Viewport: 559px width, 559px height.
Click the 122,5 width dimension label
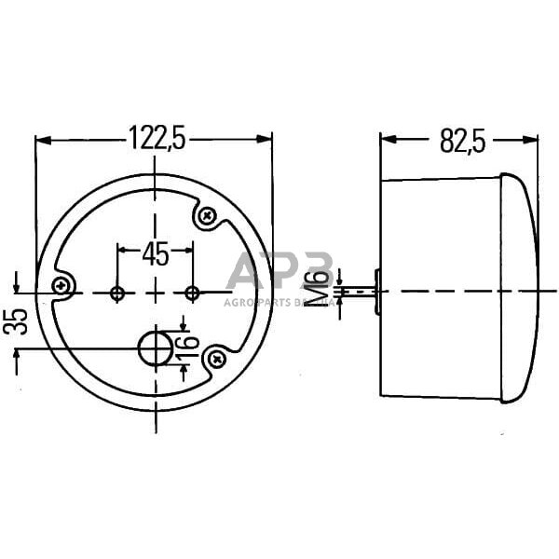coord(156,140)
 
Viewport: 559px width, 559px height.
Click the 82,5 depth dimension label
coord(463,141)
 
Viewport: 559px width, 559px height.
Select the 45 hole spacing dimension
coord(155,253)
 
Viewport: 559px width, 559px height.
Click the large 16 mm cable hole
coord(155,349)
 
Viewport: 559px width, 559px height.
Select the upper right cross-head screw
coord(207,217)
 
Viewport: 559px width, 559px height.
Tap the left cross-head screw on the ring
coord(62,286)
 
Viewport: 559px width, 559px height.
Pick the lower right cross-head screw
coord(216,357)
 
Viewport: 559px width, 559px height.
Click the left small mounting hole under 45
coord(116,293)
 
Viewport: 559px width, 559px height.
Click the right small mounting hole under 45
coord(192,293)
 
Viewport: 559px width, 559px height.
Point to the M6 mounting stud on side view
coord(359,292)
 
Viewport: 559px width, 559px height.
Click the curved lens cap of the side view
coord(519,289)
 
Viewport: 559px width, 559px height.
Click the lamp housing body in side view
coord(438,289)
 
